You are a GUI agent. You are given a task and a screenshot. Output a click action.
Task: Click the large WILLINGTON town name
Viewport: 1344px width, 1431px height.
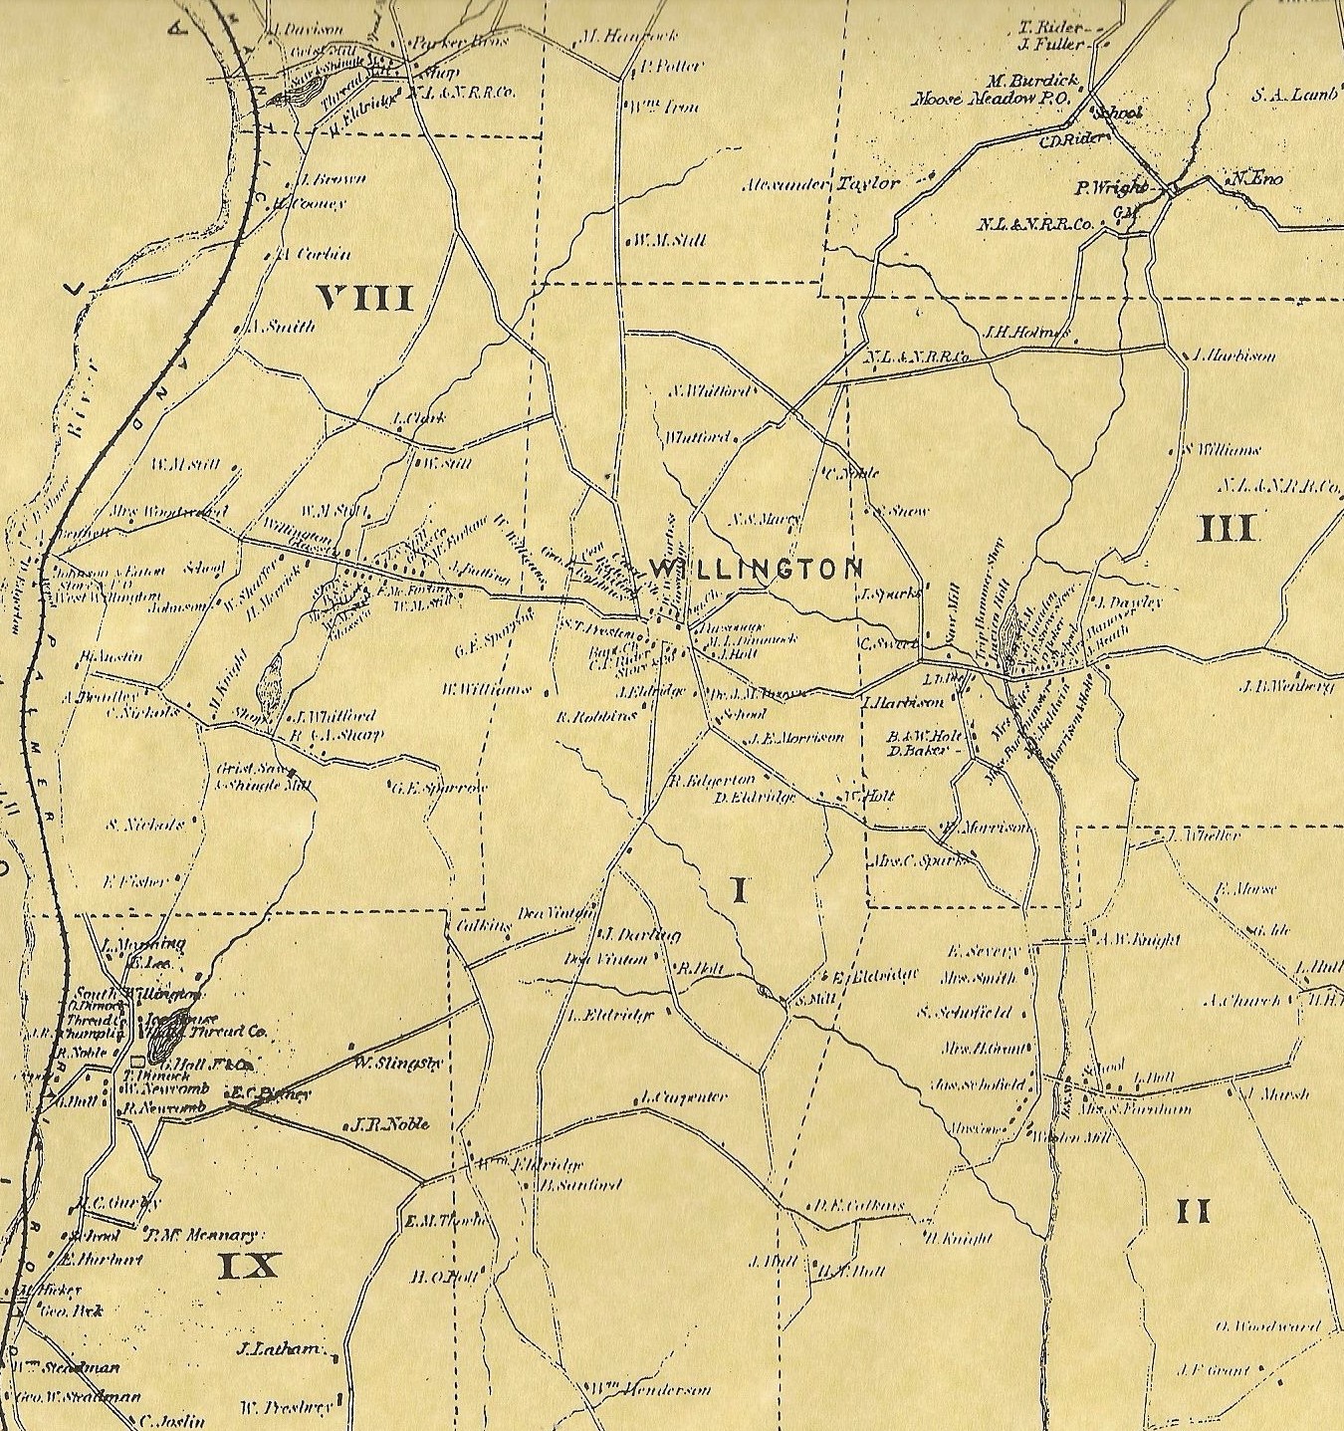tap(755, 569)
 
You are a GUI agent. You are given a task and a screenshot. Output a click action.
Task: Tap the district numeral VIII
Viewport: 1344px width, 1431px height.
tap(364, 298)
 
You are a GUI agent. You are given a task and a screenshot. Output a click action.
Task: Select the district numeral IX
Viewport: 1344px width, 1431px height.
tap(249, 1266)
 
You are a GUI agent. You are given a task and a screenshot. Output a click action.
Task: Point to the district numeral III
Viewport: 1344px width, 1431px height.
tap(1227, 528)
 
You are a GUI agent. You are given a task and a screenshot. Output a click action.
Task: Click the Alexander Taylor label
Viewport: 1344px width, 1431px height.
tap(821, 184)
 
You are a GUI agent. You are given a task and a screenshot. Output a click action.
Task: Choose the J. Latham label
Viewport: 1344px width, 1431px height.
tap(280, 1350)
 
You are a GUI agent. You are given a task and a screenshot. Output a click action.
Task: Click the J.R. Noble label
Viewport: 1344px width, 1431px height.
tap(389, 1124)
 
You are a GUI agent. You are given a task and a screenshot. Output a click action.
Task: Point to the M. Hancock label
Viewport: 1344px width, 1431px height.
tap(628, 37)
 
